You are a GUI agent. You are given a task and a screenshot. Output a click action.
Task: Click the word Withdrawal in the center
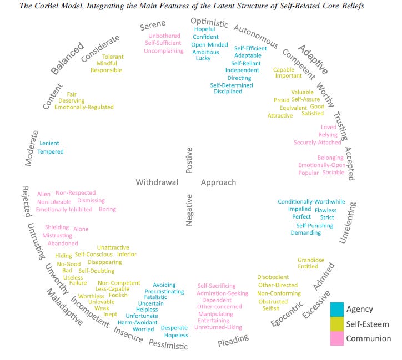(x=157, y=182)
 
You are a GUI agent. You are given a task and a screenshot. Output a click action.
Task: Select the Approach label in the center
(x=218, y=182)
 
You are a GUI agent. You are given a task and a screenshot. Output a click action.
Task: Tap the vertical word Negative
(x=189, y=209)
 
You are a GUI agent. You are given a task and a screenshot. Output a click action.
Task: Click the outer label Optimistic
(x=209, y=22)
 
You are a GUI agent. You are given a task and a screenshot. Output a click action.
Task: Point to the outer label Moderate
(x=32, y=148)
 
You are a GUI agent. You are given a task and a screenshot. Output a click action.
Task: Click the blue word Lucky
(x=203, y=59)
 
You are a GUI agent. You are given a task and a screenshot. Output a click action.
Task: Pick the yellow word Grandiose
(x=311, y=260)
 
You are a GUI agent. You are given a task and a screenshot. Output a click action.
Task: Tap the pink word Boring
(x=107, y=210)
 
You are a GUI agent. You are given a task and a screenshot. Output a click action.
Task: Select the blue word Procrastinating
(x=164, y=292)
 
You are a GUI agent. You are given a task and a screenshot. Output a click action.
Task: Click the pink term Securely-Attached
(x=318, y=143)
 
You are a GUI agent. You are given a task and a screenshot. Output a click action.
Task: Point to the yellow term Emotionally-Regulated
(x=84, y=107)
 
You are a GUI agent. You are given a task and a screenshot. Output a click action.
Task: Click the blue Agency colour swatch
(x=337, y=310)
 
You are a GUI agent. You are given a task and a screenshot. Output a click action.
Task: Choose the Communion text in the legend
(x=369, y=338)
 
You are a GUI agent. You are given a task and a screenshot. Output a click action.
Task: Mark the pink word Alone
(x=81, y=229)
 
